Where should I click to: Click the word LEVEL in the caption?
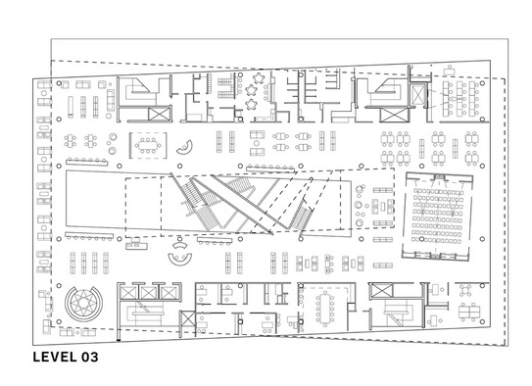click(x=55, y=357)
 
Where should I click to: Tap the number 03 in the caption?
click(x=89, y=357)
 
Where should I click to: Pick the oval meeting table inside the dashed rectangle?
click(x=148, y=145)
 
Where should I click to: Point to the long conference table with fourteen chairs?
click(x=325, y=309)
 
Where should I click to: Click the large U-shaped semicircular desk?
click(x=180, y=260)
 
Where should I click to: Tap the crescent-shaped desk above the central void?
click(x=185, y=148)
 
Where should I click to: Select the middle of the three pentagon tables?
click(x=251, y=90)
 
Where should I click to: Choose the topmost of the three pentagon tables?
click(x=259, y=78)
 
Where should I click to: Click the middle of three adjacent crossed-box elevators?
click(x=148, y=293)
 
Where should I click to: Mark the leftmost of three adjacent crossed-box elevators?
click(x=128, y=293)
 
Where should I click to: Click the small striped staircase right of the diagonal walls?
click(x=303, y=217)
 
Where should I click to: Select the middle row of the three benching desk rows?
click(x=460, y=97)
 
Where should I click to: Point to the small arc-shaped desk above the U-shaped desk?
click(x=180, y=244)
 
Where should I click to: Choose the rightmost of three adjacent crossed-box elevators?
click(x=168, y=293)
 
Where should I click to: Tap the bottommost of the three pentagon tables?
click(x=251, y=105)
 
